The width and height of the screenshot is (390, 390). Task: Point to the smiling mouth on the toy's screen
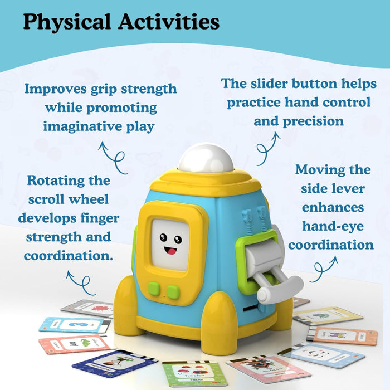[170, 250]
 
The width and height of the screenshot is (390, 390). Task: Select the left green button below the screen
[155, 289]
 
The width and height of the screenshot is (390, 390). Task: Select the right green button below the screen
[173, 291]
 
